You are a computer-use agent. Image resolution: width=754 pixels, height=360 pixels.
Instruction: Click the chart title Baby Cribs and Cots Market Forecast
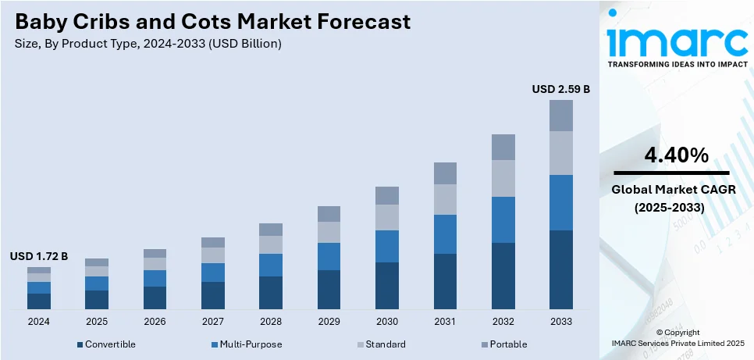(212, 22)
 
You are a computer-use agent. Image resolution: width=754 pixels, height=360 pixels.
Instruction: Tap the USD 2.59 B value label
(560, 89)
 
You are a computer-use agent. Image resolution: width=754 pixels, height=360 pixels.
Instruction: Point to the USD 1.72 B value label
(39, 256)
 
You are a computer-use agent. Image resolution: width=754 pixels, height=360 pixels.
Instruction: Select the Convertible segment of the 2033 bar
(560, 269)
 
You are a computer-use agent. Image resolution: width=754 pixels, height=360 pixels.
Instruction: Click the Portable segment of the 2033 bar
(560, 116)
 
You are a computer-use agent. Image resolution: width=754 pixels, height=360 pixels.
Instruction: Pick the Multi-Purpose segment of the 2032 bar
(503, 219)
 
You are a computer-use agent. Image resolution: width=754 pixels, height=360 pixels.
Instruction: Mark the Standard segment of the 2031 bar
(445, 199)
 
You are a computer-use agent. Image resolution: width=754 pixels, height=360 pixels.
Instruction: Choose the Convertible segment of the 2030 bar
(387, 285)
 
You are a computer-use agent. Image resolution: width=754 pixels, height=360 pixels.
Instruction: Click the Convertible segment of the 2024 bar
(39, 301)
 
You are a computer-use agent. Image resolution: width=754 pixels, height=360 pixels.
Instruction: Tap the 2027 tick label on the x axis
(212, 322)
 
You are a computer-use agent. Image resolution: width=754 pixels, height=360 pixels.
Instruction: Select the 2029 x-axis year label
(329, 322)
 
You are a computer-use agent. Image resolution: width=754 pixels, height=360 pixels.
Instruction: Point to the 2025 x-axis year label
(97, 322)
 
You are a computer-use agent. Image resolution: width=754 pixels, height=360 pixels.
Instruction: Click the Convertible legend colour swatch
(80, 344)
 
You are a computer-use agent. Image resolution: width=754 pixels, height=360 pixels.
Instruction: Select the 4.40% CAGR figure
(676, 155)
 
